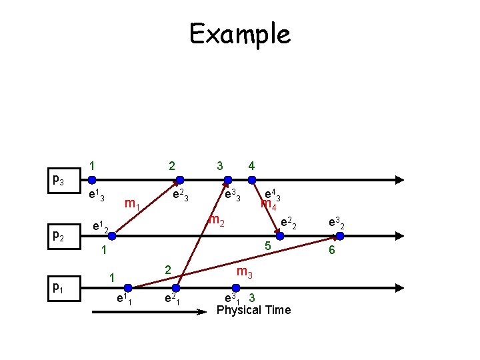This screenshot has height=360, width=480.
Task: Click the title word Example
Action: click(x=240, y=33)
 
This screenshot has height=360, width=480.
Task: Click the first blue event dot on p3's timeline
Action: click(x=92, y=179)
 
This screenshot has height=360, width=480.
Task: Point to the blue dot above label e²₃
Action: click(x=179, y=179)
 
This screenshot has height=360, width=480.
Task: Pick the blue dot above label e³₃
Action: click(x=228, y=179)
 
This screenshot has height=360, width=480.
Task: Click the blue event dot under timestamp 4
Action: click(x=252, y=179)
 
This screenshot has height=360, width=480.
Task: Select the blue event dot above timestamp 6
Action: click(x=339, y=235)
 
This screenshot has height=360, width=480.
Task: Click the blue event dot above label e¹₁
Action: click(x=128, y=287)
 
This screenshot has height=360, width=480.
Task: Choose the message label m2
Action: click(x=216, y=220)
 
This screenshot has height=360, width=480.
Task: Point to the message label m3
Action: click(x=245, y=271)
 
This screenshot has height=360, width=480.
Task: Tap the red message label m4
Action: click(x=268, y=205)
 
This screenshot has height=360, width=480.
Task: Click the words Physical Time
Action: click(x=253, y=310)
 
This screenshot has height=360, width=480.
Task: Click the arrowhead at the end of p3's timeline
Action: click(x=399, y=179)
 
